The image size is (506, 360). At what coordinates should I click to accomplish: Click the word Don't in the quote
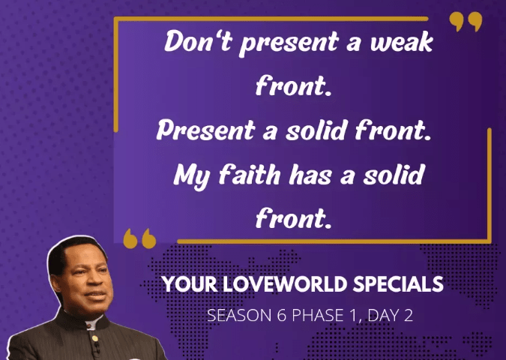click(x=198, y=41)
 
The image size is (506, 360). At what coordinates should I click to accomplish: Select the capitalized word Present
click(x=206, y=130)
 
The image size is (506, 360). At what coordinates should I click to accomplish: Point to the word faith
click(x=250, y=175)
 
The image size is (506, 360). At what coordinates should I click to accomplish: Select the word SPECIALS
click(x=398, y=284)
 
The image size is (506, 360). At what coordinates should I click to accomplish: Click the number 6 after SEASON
click(x=281, y=316)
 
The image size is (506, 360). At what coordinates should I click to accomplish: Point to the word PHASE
click(x=317, y=316)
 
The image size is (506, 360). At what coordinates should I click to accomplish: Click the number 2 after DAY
click(x=408, y=316)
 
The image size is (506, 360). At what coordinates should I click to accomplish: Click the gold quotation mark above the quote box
click(x=466, y=22)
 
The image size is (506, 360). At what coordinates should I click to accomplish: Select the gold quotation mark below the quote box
click(x=139, y=238)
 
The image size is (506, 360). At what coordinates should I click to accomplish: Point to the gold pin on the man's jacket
click(x=94, y=339)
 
